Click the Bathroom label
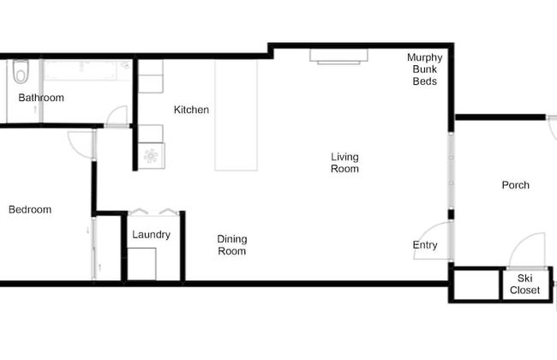coord(41,98)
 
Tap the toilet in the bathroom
coord(21,72)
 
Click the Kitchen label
coord(191,110)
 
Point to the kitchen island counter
coord(237,115)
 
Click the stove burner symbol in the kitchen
coord(151,155)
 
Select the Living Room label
coord(345,163)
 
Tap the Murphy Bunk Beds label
coord(424,69)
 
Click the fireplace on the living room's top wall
coord(338,56)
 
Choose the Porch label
coord(515,185)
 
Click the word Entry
coord(425,245)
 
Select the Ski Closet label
coord(524,285)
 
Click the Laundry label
coord(151,235)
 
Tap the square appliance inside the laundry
coord(142,263)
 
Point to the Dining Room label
coord(231,245)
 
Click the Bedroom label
coord(30,209)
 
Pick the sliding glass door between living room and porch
coord(451,171)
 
